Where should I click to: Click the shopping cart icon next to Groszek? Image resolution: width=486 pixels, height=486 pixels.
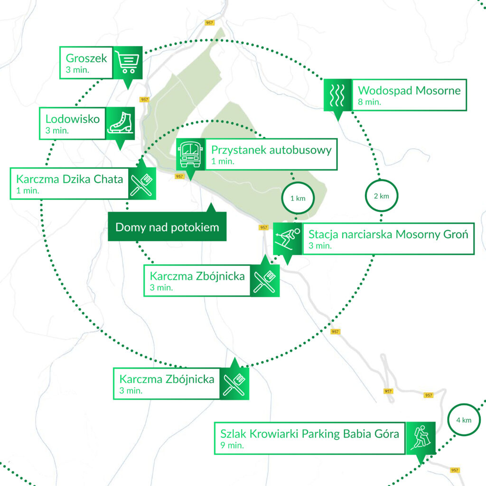click(127, 62)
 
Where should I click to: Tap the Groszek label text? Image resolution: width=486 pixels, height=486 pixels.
click(87, 59)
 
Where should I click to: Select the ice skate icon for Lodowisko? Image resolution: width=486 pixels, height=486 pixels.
click(121, 122)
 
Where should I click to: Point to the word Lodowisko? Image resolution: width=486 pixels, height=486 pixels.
click(73, 119)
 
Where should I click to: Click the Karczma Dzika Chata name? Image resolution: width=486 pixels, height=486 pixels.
click(69, 179)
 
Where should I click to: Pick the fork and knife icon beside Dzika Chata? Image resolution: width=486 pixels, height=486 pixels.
click(142, 183)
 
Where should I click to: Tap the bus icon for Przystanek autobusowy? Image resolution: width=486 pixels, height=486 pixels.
click(190, 154)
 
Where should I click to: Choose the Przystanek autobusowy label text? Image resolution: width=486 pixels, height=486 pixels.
click(271, 150)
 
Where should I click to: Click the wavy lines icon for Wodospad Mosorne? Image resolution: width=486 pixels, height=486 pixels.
click(337, 95)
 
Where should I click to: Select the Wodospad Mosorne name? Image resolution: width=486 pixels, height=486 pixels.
click(409, 90)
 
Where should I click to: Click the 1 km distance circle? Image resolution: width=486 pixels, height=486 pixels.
click(298, 198)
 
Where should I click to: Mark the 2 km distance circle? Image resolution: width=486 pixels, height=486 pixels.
click(382, 196)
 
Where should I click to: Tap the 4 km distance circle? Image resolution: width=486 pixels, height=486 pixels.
click(463, 420)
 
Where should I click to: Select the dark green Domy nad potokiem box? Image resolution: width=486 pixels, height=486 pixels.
click(167, 227)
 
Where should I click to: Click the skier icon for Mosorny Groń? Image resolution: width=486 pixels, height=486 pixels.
click(288, 238)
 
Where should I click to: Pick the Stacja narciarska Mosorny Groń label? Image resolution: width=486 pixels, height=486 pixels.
click(388, 234)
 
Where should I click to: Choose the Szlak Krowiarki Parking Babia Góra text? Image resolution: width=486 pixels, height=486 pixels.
click(309, 434)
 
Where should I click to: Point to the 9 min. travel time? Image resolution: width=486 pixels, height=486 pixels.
click(232, 446)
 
